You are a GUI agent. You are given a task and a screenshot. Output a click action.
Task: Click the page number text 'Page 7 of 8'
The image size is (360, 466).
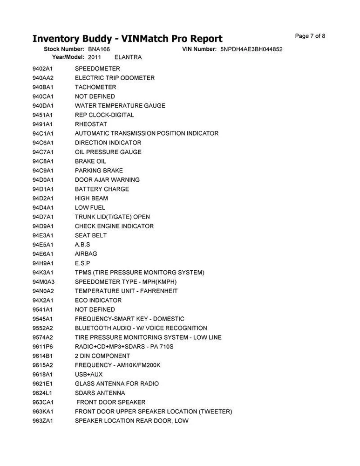pos(310,36)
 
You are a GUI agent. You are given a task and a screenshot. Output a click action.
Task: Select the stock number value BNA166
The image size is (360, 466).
pos(99,49)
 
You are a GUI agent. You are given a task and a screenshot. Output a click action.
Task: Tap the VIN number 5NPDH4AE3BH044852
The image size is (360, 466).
pos(251,49)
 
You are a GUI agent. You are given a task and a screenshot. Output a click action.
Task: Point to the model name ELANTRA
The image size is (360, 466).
pos(128,57)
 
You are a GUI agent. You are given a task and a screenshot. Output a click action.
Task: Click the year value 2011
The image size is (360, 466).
pos(94,57)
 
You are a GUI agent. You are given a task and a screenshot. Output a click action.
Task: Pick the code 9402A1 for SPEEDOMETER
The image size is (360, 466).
pos(43,69)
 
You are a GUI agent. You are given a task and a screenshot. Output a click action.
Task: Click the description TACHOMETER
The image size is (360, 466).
pos(95,87)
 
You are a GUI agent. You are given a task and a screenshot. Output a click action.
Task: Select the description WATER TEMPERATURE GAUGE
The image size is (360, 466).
pos(120,106)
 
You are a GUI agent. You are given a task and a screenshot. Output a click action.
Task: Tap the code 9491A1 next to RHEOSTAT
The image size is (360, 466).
pos(43,124)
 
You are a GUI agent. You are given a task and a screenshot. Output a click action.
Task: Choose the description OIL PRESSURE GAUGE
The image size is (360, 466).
pos(108,152)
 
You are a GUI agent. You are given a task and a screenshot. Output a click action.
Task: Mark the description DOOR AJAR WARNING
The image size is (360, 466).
pos(107,180)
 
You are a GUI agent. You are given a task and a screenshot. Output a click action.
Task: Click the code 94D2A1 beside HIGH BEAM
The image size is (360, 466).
pos(43,199)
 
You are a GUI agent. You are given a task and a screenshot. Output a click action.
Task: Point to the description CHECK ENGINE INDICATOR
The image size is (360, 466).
pos(114,226)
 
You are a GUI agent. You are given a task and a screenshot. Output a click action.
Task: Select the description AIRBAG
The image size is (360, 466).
pos(86,254)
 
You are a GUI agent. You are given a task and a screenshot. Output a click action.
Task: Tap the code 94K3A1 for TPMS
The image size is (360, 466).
pos(43,273)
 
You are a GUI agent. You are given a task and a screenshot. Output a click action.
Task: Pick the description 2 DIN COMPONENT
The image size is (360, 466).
pos(102,356)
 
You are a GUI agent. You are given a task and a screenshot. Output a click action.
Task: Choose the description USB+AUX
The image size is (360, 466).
pos(89,374)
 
